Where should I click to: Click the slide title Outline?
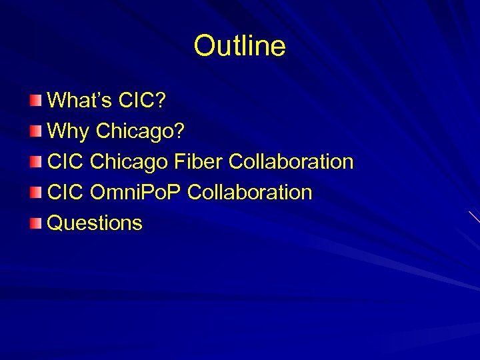(239, 46)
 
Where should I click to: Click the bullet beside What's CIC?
(35, 101)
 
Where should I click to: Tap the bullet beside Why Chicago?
(35, 131)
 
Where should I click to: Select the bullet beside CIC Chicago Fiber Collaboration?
(35, 162)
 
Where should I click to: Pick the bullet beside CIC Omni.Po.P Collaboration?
(35, 193)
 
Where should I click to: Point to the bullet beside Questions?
(35, 223)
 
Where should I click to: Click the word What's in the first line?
(79, 101)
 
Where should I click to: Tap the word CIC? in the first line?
(142, 101)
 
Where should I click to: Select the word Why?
(68, 131)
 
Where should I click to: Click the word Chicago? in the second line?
(139, 131)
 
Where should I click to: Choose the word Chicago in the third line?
(129, 162)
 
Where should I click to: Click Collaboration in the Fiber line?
(291, 162)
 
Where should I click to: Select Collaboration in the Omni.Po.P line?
(250, 193)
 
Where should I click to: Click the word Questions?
(95, 223)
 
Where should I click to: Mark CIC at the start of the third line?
(65, 162)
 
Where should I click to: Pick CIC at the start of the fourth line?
(65, 193)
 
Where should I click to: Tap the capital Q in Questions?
(55, 223)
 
